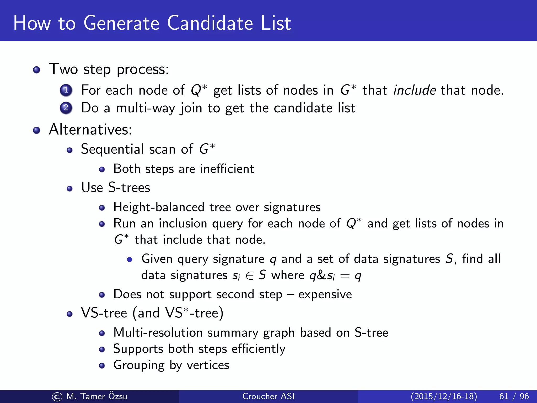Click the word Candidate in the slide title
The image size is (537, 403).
210,23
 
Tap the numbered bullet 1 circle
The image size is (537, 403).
66,90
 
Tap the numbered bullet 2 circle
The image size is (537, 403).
66,108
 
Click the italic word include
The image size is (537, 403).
415,90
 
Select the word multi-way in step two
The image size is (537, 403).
145,108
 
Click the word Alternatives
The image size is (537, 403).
90,129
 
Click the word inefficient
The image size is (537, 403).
227,169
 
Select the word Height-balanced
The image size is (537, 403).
159,207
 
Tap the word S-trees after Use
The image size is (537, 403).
129,188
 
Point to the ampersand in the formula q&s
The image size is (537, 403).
321,275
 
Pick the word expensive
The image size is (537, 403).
325,295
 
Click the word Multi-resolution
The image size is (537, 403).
158,333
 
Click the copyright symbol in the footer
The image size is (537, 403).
57,397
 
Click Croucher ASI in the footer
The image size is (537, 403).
268,396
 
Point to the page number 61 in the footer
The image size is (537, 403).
504,396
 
